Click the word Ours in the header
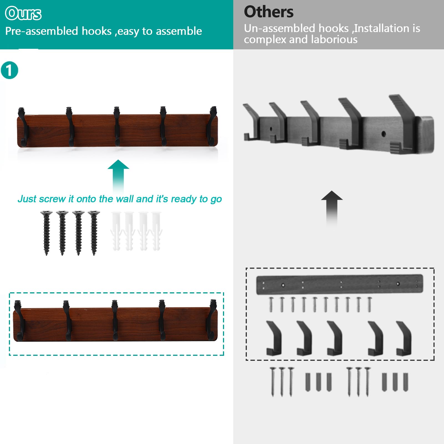[23, 14]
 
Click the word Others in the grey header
[268, 12]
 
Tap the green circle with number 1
[9, 70]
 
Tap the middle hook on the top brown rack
[117, 126]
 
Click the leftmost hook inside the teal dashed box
[19, 320]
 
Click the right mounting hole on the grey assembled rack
[384, 134]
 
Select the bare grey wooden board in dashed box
[339, 284]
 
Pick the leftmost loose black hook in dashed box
[274, 338]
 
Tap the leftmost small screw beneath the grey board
[271, 305]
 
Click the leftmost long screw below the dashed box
[273, 381]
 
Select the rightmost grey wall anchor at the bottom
[405, 382]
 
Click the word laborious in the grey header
[334, 40]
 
